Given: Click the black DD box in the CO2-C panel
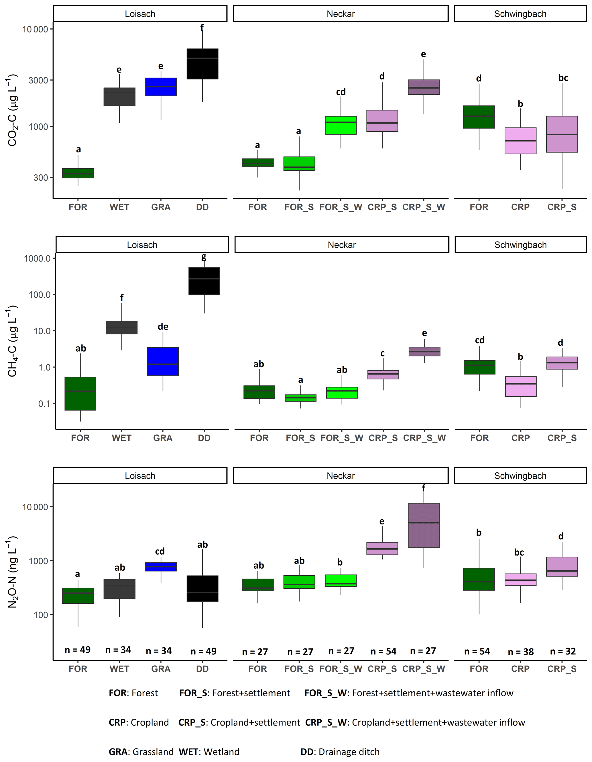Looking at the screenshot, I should pos(202,64).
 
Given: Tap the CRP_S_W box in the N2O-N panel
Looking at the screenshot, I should pos(423,525).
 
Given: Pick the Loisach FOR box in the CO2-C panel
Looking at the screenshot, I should pos(78,173).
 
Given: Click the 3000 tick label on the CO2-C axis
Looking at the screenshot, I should pos(38,80).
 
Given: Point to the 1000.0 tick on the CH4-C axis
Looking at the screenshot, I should pos(37,258).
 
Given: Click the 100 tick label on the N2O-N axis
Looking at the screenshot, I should pos(41,615).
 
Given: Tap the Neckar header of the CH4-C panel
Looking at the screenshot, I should pos(341,245).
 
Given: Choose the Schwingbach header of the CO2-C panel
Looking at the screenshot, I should pos(520,14).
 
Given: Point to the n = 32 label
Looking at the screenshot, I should pos(563,651).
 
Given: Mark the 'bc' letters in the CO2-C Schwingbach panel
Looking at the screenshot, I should pos(563,78).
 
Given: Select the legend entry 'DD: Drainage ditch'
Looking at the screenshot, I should pos(340,752).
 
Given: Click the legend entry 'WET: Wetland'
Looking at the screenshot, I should pos(209,752).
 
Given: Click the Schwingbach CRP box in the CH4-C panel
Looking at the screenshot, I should pos(521,387).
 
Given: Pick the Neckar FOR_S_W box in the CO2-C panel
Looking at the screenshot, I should pos(341,125).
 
